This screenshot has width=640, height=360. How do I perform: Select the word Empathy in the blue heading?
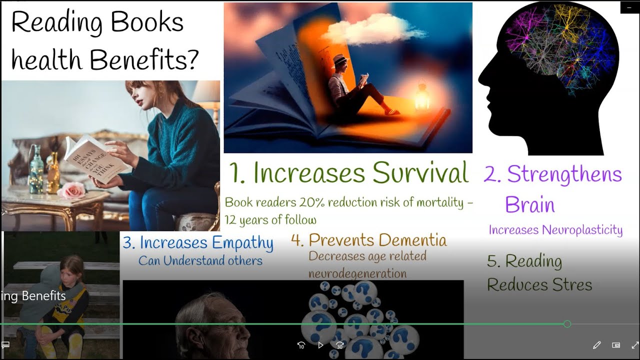pyautogui.click(x=241, y=243)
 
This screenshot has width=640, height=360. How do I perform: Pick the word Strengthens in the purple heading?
pyautogui.click(x=564, y=174)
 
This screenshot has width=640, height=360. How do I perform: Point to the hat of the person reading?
pyautogui.click(x=340, y=58)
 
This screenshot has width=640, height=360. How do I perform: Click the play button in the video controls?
pyautogui.click(x=320, y=345)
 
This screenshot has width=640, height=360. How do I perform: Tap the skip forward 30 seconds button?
pyautogui.click(x=340, y=345)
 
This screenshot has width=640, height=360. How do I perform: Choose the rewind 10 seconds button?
pyautogui.click(x=301, y=345)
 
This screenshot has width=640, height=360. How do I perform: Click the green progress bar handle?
pyautogui.click(x=567, y=324)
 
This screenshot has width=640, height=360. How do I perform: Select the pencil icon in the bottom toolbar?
pyautogui.click(x=596, y=345)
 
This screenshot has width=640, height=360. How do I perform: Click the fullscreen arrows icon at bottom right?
pyautogui.click(x=635, y=345)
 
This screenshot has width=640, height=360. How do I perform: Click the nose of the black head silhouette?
pyautogui.click(x=481, y=80)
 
